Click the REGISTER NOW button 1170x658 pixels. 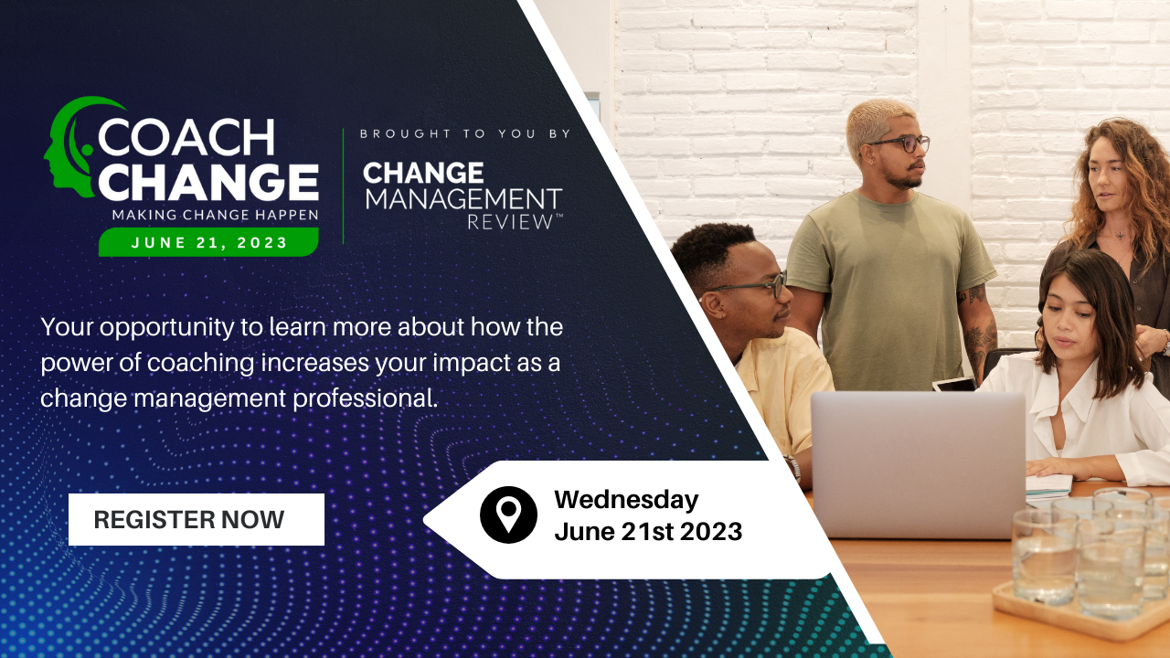197,520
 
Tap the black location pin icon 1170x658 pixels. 508,515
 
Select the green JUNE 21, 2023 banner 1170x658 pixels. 209,242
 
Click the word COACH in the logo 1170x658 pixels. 186,137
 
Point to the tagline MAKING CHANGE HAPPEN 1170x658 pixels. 215,215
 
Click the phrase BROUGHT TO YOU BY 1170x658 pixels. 465,133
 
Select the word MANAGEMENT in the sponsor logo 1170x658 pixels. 463,199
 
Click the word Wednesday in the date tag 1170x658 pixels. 626,500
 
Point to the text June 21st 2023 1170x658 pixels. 648,532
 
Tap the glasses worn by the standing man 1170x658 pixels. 900,144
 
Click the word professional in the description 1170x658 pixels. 365,399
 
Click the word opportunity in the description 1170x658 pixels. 167,328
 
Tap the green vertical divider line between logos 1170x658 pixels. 343,186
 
